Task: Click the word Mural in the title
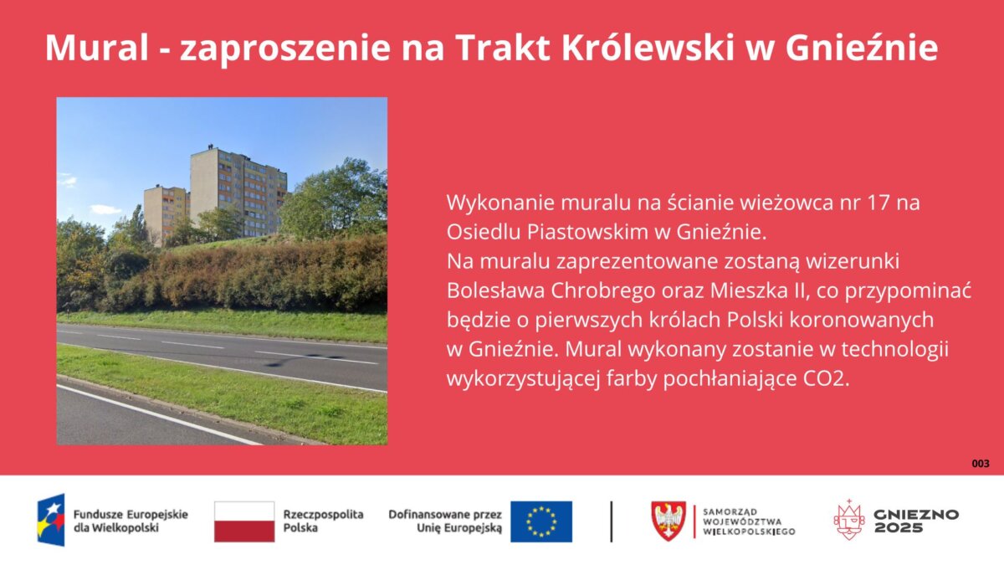coord(96,48)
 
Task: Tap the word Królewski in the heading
coord(648,48)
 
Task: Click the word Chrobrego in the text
coord(603,291)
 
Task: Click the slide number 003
coord(981,464)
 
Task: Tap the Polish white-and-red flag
coord(244,521)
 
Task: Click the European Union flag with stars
coord(541,521)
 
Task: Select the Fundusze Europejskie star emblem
coord(51,520)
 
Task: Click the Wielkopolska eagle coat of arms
coord(668,521)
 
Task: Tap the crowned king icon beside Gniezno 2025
coord(849,520)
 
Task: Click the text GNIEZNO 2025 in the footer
coord(916,521)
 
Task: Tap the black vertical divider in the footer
coord(612,521)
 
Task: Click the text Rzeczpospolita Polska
coord(323,521)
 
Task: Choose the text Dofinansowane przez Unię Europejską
coord(445,521)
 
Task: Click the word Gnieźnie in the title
coord(862,48)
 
